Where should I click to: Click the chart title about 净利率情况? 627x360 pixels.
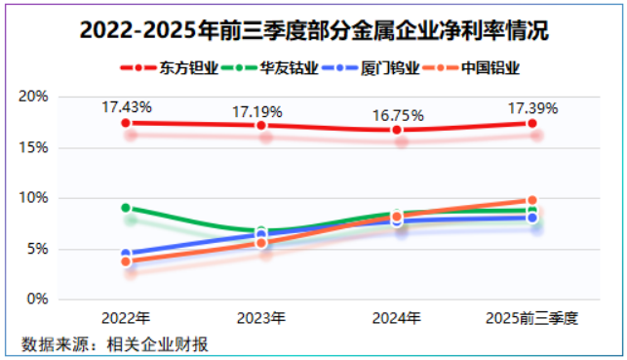pos(313,31)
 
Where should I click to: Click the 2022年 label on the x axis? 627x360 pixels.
pos(126,318)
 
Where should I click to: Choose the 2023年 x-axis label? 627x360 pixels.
pos(261,318)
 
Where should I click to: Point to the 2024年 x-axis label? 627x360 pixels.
pos(397,318)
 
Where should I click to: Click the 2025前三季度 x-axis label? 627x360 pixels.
pos(531,318)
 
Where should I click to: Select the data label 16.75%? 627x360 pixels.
pos(397,115)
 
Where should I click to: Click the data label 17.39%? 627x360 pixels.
pos(531,107)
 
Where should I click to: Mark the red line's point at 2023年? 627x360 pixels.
pos(261,126)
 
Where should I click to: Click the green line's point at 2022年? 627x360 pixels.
pos(126,208)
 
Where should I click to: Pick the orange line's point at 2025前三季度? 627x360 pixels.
pos(531,200)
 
